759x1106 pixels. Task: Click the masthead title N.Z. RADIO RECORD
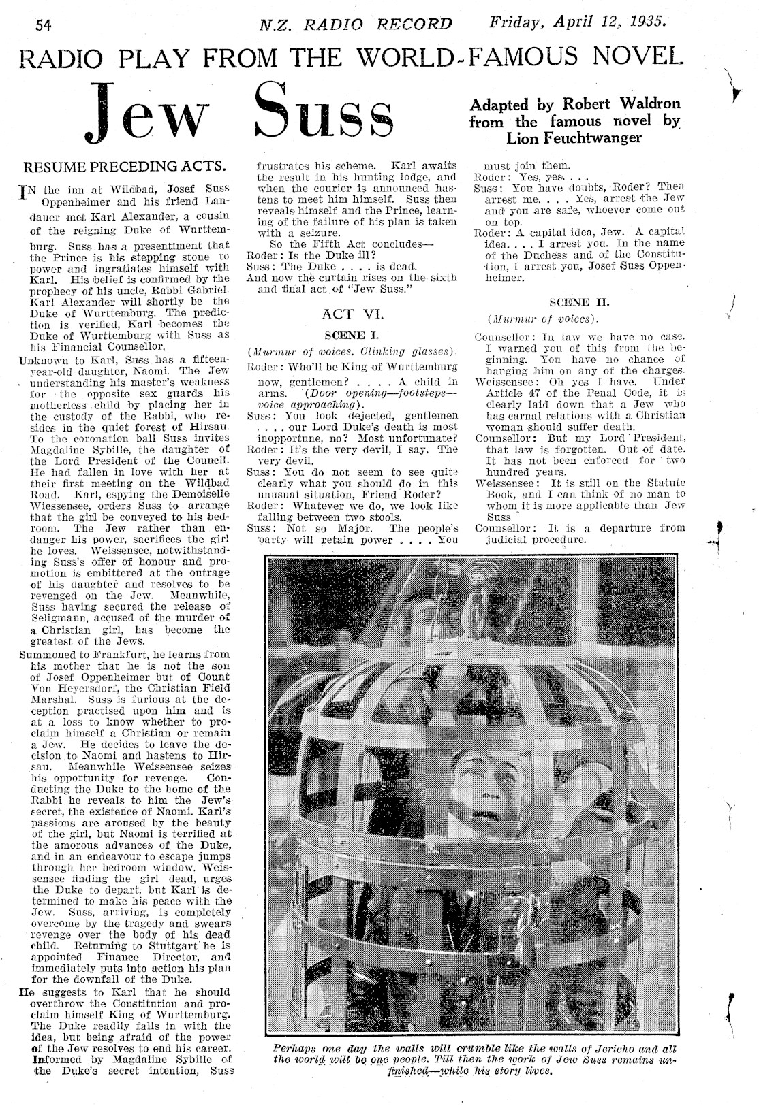tap(356, 25)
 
